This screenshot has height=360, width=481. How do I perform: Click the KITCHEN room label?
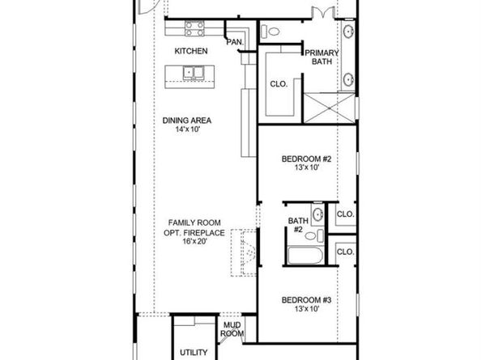pos(191,51)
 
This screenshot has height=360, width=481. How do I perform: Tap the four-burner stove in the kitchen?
pos(194,28)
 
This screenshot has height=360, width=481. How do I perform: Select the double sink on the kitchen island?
pos(194,73)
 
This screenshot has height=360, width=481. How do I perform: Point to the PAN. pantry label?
pos(235,42)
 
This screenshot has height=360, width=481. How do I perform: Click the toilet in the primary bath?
pos(270,32)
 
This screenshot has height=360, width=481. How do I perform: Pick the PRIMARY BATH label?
pos(321,57)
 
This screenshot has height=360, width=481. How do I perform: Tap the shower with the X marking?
pos(329,108)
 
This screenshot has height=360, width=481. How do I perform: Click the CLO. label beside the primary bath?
pos(279,83)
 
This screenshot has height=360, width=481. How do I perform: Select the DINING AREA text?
pos(187,121)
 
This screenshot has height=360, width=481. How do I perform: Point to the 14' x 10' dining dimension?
pos(187,129)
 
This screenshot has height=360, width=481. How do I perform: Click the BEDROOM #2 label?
pos(306,159)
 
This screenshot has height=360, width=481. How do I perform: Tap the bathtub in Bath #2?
pos(305,255)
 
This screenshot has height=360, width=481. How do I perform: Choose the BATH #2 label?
pos(298,225)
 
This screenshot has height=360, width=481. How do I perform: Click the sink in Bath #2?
pos(317,214)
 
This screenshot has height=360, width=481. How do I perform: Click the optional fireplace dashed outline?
pos(244,252)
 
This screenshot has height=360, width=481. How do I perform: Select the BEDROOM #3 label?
pos(306,300)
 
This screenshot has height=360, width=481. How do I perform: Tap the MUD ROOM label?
pos(232,329)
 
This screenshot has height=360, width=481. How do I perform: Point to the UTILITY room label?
pos(194,353)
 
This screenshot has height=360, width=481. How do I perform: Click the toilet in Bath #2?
pos(314,235)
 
